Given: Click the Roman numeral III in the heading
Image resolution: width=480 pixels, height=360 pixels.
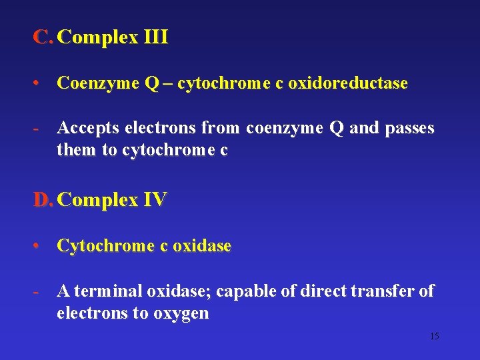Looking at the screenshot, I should pyautogui.click(x=155, y=37).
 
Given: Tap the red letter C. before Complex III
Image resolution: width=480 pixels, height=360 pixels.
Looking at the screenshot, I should pyautogui.click(x=42, y=37).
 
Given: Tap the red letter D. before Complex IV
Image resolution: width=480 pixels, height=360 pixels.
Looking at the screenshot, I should pyautogui.click(x=43, y=199).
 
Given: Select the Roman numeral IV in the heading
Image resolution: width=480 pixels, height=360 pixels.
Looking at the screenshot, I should pyautogui.click(x=155, y=199).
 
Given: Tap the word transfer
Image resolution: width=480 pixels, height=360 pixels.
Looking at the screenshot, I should pyautogui.click(x=379, y=291).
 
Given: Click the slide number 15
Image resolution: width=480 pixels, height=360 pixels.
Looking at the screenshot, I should pyautogui.click(x=434, y=337).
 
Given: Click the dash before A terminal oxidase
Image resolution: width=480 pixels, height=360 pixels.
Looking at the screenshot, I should pyautogui.click(x=39, y=291).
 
